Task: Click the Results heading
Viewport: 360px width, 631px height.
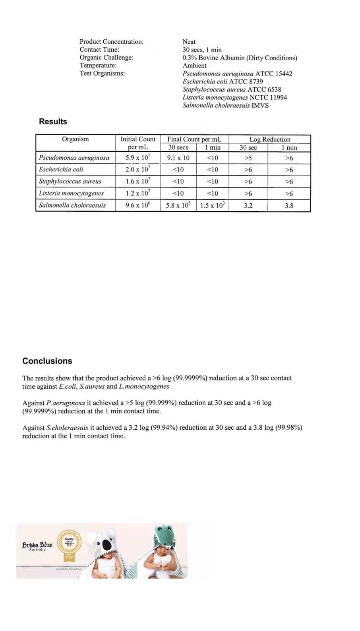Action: pos(53,122)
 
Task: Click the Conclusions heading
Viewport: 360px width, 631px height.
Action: pos(47,361)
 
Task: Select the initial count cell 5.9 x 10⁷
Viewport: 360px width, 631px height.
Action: pos(138,158)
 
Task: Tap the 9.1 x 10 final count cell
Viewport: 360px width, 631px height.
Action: pos(178,158)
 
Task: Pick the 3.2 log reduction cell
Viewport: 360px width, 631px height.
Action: pos(248,206)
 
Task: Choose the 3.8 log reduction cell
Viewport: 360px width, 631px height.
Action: pos(289,206)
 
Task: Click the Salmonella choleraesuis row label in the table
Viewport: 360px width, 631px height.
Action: pos(72,205)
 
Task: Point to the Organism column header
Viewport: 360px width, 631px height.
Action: pos(75,139)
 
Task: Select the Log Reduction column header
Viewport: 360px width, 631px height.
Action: pos(270,139)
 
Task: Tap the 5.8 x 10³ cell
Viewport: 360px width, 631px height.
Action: pos(178,205)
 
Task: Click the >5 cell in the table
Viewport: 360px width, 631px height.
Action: pos(248,158)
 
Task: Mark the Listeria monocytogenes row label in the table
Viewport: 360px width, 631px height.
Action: pos(71,193)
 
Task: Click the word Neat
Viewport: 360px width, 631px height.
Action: pos(189,42)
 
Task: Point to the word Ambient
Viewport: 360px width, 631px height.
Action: pos(194,66)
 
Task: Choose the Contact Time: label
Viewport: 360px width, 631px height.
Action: pos(99,50)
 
